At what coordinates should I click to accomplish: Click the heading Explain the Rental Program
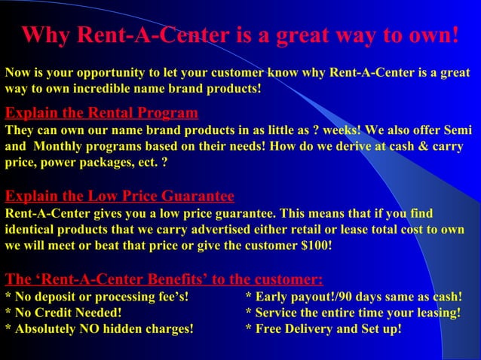click(x=102, y=114)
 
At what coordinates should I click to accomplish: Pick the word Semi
click(x=456, y=129)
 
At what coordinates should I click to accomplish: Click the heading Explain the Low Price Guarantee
click(x=120, y=197)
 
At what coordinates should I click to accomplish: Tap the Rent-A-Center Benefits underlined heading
click(x=164, y=280)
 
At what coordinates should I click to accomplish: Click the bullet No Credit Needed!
click(x=63, y=313)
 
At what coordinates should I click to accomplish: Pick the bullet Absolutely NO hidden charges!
click(x=99, y=328)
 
